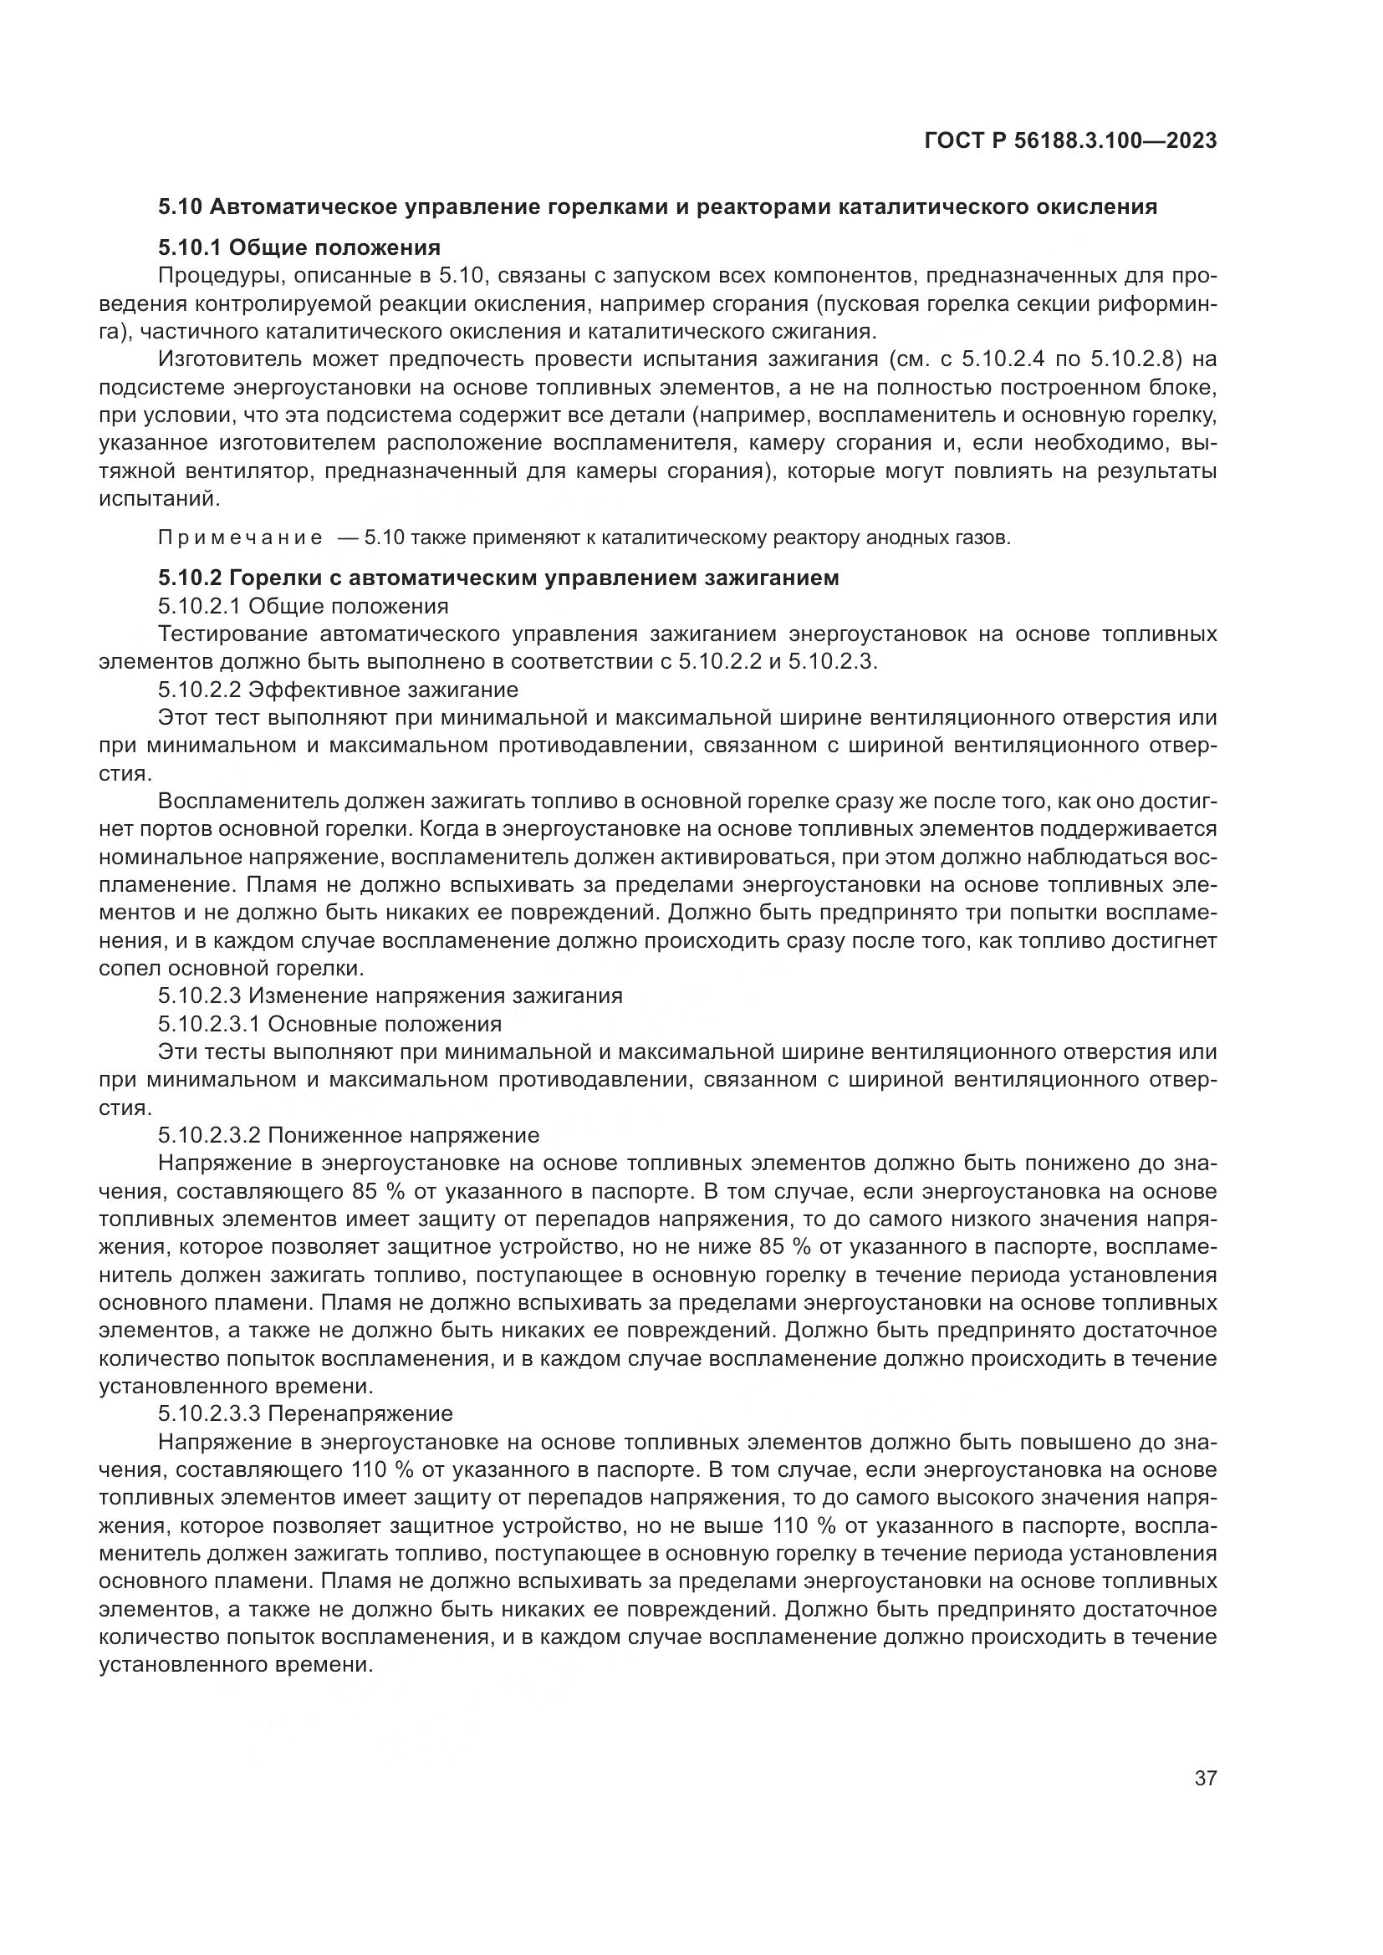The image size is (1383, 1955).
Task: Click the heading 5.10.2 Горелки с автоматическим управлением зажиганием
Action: tap(498, 578)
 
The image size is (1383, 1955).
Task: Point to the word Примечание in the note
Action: tap(240, 538)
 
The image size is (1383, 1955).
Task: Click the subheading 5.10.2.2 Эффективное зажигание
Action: tap(338, 688)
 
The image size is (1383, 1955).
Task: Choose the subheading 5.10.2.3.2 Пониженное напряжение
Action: tap(349, 1135)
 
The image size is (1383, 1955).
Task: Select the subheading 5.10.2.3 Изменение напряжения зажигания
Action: tap(390, 995)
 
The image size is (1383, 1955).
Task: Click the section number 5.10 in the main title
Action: tap(178, 206)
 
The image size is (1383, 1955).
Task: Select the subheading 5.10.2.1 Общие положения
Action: tap(303, 606)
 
